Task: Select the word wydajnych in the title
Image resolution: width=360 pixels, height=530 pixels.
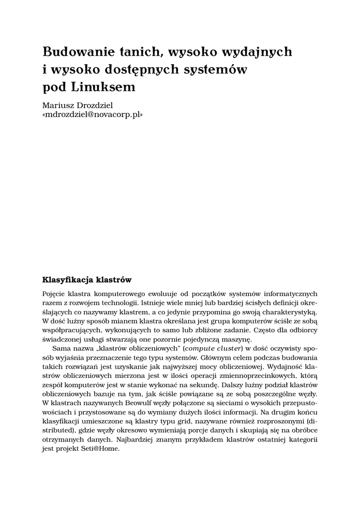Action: (x=257, y=52)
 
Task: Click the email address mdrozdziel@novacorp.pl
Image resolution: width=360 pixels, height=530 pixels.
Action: (x=93, y=115)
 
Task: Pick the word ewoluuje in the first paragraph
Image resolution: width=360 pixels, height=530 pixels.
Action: (x=166, y=293)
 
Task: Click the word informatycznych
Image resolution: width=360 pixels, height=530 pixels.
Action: (x=292, y=293)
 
